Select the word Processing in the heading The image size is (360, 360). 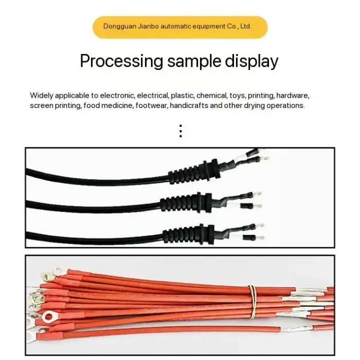click(x=121, y=61)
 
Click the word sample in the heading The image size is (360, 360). click(x=194, y=61)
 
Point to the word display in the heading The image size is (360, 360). click(x=251, y=61)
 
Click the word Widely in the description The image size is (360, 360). click(x=42, y=96)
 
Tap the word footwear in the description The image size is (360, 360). click(x=151, y=105)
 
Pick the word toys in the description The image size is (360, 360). click(x=238, y=96)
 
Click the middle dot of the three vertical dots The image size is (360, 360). click(x=181, y=131)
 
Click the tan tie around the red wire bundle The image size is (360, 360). click(x=253, y=302)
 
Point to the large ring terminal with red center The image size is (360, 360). click(x=49, y=317)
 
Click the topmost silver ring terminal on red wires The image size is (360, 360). click(x=58, y=271)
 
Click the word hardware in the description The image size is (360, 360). click(x=293, y=96)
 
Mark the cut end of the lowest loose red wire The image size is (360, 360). click(x=279, y=329)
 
